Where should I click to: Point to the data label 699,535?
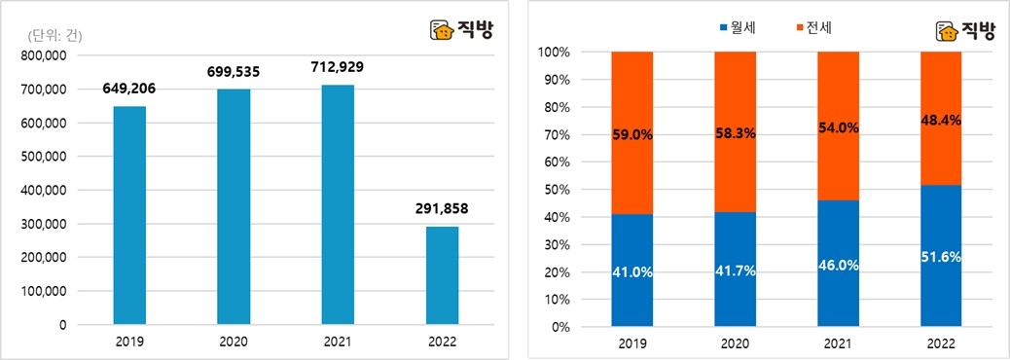click(234, 71)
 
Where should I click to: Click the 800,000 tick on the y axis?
click(42, 55)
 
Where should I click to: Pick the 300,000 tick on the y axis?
click(42, 224)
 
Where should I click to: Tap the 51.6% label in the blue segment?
click(941, 256)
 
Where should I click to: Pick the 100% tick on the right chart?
click(557, 52)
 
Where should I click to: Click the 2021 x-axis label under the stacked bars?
click(838, 342)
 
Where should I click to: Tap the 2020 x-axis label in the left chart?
click(234, 342)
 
